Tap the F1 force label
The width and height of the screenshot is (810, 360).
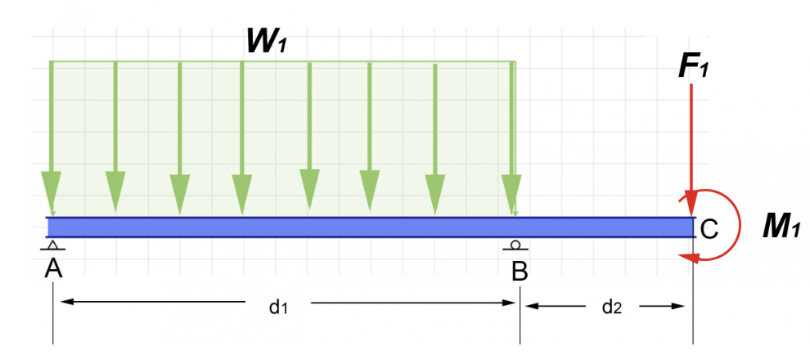[693, 66]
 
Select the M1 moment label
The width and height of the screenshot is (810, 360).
[780, 227]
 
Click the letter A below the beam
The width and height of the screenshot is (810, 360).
[53, 267]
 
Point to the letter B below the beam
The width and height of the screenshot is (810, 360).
[520, 271]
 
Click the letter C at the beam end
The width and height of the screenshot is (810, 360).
[709, 230]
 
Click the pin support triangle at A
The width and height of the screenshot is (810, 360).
[53, 245]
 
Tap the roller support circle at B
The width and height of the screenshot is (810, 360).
[515, 244]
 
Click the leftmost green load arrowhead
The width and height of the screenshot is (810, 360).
[52, 194]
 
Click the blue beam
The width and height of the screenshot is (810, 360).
[368, 227]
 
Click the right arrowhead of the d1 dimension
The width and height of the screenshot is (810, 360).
[507, 303]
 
